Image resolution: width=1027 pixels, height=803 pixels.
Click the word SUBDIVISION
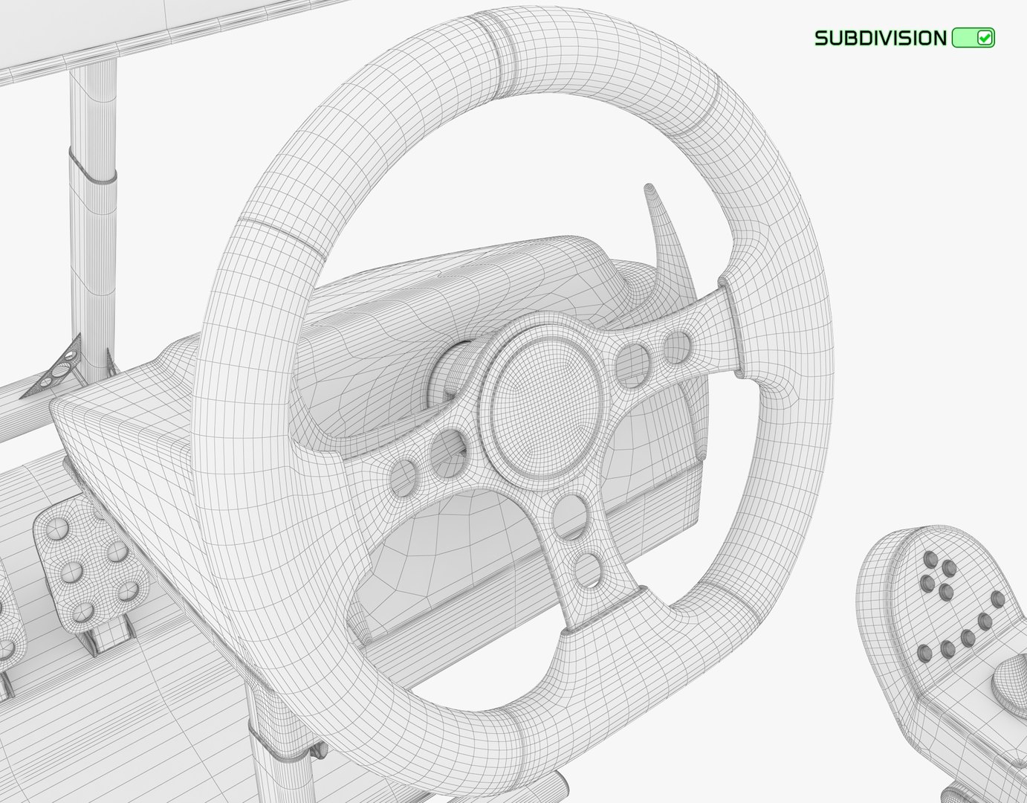coord(881,38)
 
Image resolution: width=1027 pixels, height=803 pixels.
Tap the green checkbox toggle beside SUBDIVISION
coord(973,38)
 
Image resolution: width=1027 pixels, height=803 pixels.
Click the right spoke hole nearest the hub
coord(632,364)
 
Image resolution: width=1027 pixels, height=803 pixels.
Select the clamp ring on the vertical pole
coord(93,165)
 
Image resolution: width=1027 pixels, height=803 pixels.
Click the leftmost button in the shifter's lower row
coord(924,653)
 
